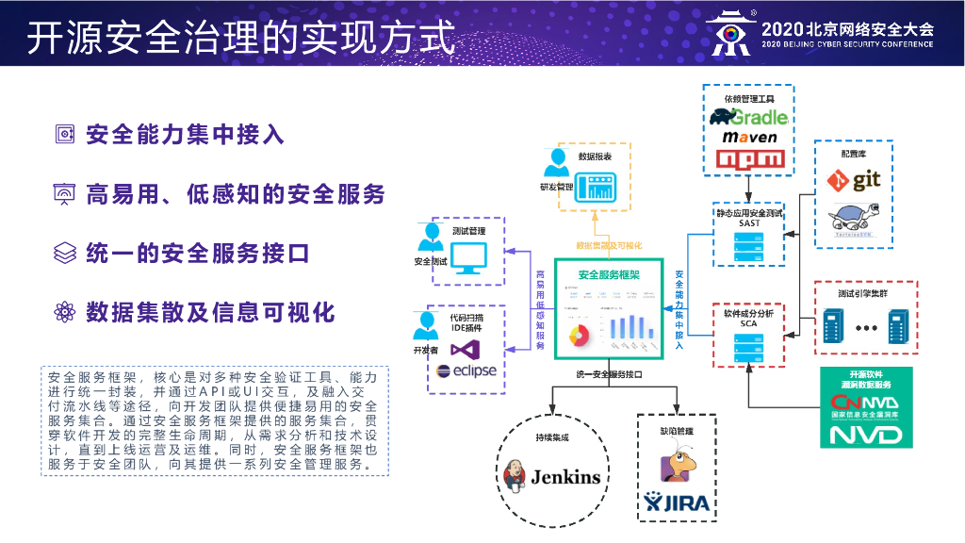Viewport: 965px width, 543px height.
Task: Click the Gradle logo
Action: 750,117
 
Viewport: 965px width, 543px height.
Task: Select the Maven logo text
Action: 750,138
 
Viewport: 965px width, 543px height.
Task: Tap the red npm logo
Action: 750,159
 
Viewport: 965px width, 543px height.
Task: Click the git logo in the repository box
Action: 854,179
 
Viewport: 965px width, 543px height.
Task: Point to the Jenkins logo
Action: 552,476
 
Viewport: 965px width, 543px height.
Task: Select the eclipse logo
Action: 465,371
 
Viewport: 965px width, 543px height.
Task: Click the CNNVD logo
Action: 866,403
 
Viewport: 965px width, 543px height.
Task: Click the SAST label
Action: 749,223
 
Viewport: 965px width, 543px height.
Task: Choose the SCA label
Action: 749,323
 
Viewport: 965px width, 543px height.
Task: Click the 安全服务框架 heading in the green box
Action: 609,275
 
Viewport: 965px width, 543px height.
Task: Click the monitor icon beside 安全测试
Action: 469,256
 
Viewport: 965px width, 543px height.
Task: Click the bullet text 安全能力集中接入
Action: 185,135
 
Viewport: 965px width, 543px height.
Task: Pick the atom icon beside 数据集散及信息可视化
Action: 63,312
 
